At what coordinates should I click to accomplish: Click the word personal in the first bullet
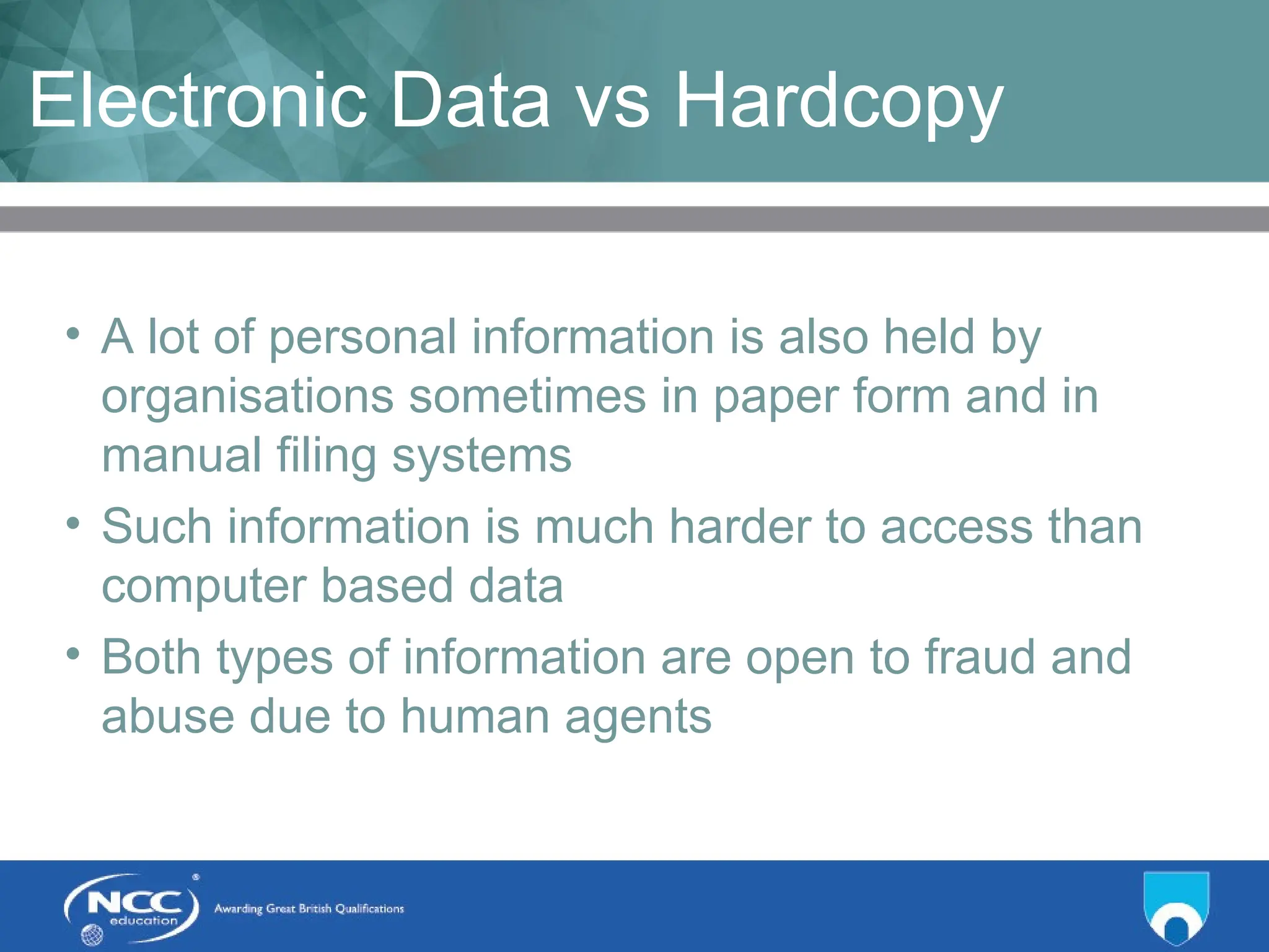point(362,338)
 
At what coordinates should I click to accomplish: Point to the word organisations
point(247,397)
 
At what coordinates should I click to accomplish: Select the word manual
point(182,456)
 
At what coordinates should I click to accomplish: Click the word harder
point(740,527)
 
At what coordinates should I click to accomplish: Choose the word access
point(956,527)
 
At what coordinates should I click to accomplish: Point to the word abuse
point(168,716)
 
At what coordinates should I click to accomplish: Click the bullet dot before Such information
point(73,523)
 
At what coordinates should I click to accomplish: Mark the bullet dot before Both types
point(73,653)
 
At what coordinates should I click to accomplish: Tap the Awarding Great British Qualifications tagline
point(309,909)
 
